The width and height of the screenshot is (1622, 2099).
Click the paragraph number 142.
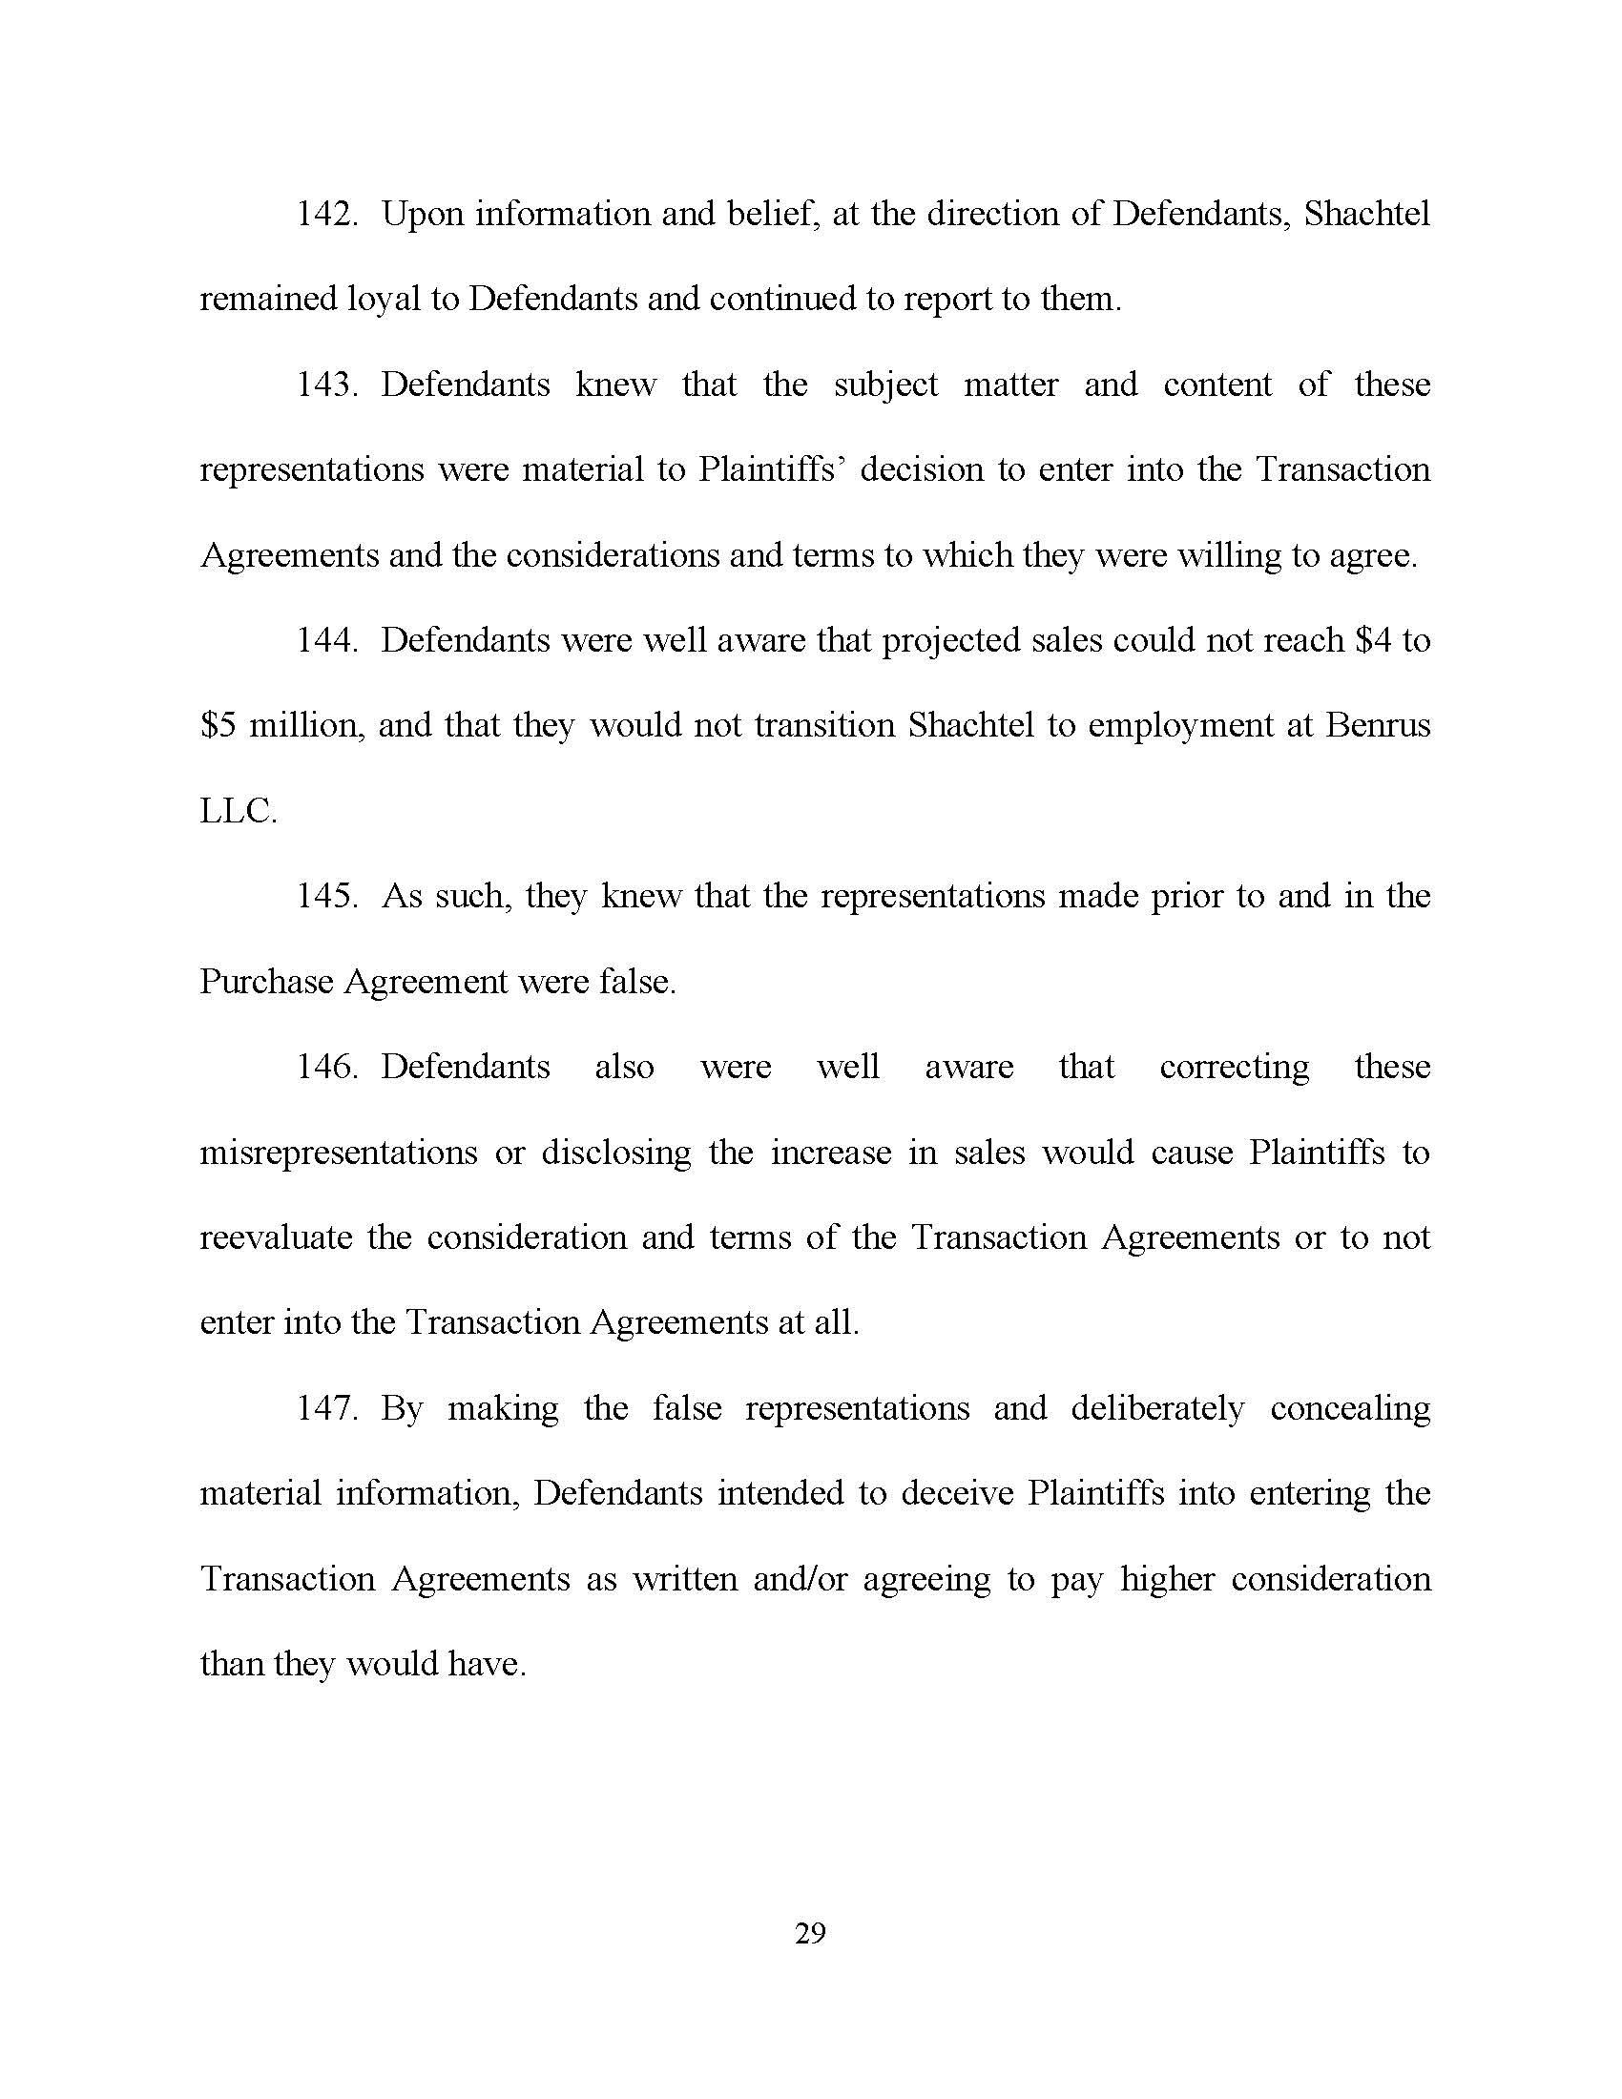[x=325, y=215]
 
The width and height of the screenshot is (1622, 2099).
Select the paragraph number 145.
[x=325, y=897]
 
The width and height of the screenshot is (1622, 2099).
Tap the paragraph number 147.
[x=325, y=1409]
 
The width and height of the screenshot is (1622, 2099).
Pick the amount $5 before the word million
[x=218, y=727]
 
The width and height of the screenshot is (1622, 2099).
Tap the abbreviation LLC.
[x=238, y=812]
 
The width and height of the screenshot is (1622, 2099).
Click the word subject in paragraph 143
[x=885, y=385]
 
